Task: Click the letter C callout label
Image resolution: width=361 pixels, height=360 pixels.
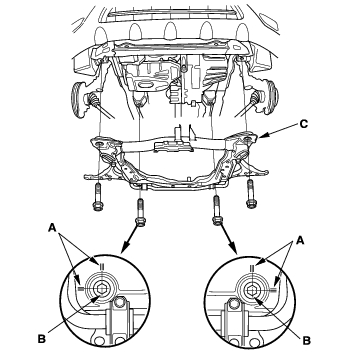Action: click(x=303, y=124)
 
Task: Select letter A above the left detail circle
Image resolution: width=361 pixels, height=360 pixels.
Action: click(x=52, y=228)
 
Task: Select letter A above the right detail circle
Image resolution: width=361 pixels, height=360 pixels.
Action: click(x=300, y=240)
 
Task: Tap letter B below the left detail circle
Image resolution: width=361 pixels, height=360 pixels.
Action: click(x=42, y=340)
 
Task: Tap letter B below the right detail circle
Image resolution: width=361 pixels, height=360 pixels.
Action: click(x=307, y=340)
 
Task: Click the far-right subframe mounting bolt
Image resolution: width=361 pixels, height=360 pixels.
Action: click(x=251, y=194)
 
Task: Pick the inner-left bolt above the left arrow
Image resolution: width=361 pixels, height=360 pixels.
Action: click(x=140, y=212)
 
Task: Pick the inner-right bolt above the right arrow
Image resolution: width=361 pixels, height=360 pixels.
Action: click(x=217, y=210)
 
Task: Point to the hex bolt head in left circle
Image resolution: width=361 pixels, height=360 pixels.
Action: click(x=100, y=289)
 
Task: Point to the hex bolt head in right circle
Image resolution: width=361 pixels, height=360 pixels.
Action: click(x=251, y=290)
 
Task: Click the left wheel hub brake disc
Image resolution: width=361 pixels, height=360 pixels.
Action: click(x=77, y=99)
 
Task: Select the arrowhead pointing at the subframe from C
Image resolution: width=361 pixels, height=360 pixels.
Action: click(x=262, y=136)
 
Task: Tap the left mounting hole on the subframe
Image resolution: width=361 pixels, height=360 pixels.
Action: click(x=99, y=144)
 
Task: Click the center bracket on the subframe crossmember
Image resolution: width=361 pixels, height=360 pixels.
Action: click(x=174, y=145)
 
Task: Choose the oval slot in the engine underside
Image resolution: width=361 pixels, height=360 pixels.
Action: click(x=147, y=86)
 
